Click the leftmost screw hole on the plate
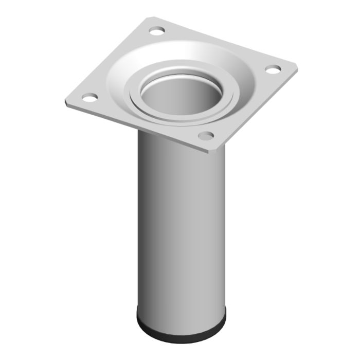click(89, 97)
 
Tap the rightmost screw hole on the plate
click(273, 68)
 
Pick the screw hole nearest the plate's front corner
click(206, 136)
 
